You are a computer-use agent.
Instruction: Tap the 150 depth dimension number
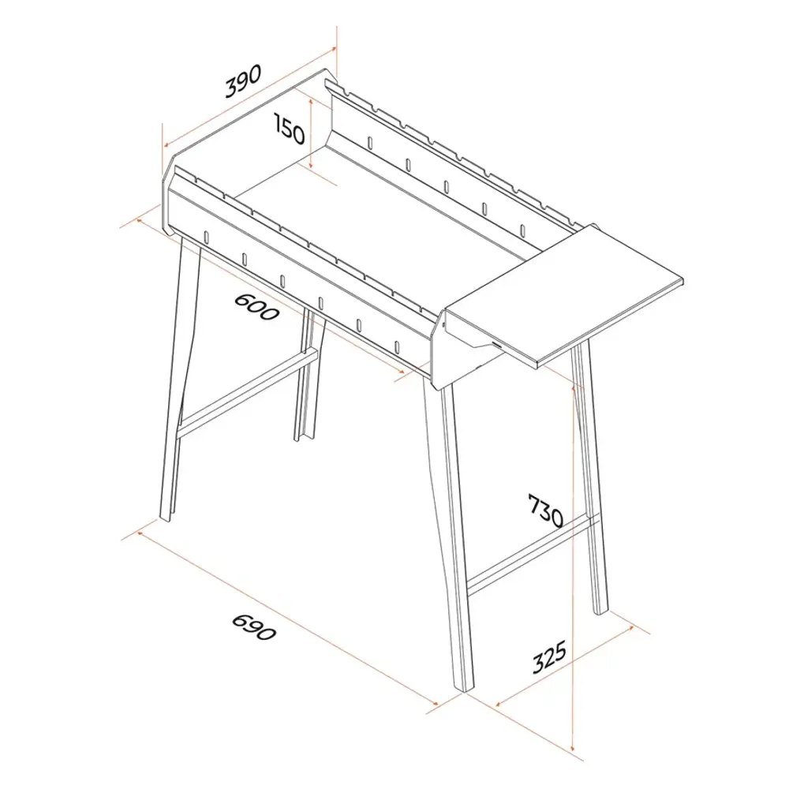coord(290,128)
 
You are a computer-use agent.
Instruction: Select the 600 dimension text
coord(256,306)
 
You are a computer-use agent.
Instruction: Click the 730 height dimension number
coord(545,510)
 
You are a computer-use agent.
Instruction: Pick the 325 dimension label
coord(549,656)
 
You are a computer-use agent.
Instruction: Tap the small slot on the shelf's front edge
coord(498,346)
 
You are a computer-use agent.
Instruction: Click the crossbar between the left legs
coord(246,391)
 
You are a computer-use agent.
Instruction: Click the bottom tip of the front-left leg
coord(166,519)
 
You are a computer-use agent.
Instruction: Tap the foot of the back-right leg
coord(601,612)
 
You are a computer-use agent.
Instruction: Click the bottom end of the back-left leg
coord(301,439)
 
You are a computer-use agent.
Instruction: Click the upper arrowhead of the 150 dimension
coord(312,102)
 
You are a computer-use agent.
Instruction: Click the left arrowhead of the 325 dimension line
coord(498,704)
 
